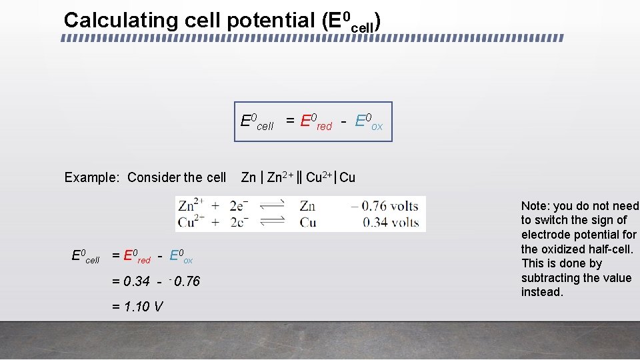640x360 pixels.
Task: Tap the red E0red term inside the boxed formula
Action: [315, 122]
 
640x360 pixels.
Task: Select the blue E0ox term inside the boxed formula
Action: [369, 122]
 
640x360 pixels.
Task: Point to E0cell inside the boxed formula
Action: [257, 122]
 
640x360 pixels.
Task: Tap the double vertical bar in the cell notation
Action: [299, 177]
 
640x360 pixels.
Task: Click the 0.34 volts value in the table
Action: [391, 222]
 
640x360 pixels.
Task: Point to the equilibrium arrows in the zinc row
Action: [271, 207]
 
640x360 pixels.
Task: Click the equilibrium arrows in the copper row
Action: [271, 222]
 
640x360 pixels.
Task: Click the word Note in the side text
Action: [533, 206]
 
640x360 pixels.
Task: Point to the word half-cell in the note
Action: [612, 249]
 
